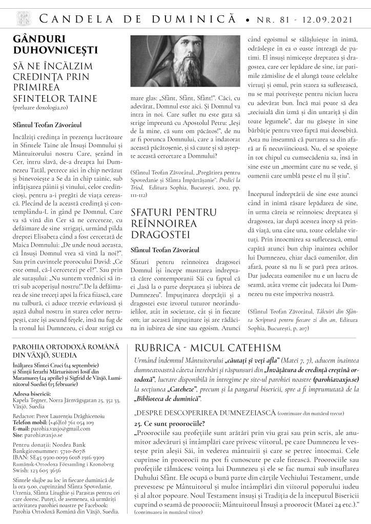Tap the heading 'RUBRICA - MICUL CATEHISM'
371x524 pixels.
pyautogui.click(x=207, y=347)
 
